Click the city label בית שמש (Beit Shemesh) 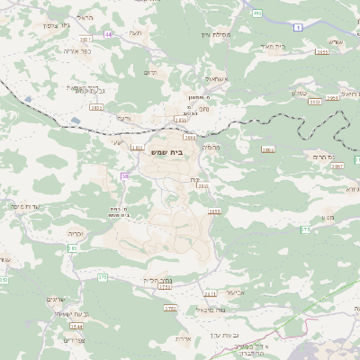166,154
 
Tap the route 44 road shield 109,34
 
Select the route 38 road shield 125,176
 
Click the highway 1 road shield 298,28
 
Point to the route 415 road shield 257,13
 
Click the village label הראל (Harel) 85,17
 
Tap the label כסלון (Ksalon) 301,92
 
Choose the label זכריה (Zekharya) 75,232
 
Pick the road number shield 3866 267,149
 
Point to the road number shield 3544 76,326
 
